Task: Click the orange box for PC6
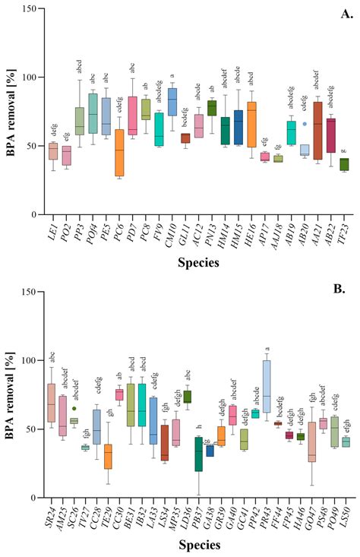click(97, 152)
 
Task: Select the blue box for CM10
click(172, 102)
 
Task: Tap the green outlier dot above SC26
click(73, 408)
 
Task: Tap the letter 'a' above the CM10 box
click(172, 75)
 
